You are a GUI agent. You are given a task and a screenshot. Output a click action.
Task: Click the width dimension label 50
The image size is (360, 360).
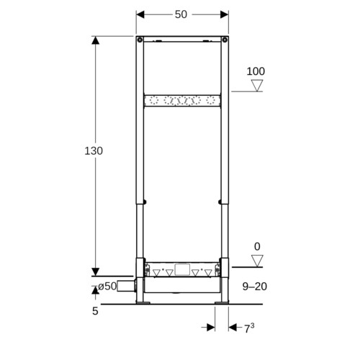tap(181, 14)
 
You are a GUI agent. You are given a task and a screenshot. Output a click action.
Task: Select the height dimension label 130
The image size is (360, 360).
tap(94, 151)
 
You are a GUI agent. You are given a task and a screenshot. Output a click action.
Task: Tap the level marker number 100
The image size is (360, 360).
tap(256, 71)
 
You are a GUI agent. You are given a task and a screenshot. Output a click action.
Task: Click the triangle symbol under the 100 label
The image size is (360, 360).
tap(257, 86)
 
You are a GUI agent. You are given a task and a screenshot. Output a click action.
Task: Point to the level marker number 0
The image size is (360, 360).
tap(257, 246)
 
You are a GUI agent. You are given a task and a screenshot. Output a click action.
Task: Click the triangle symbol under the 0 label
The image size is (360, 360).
tap(257, 261)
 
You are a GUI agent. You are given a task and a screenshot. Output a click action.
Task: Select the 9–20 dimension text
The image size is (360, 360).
tap(255, 287)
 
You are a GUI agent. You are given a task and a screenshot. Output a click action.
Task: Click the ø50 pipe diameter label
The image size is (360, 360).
tap(107, 286)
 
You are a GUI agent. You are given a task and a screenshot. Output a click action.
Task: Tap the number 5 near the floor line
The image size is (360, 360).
tap(95, 311)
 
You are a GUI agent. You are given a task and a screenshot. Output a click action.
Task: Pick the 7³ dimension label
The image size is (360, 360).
tap(249, 328)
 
